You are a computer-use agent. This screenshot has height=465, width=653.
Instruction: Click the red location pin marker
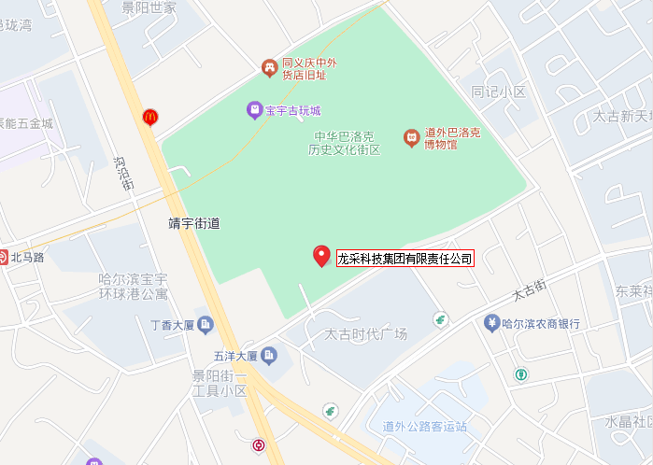coord(321,255)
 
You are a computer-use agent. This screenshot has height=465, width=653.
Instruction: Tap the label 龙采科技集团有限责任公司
coord(405,259)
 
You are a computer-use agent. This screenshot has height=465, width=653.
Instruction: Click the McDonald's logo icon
coord(149,117)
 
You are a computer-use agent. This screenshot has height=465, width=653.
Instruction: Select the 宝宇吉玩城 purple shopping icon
coord(254,110)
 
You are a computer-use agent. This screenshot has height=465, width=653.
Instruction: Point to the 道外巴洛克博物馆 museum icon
coord(410,138)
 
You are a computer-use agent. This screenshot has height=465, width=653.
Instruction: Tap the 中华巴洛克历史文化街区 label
coord(346,143)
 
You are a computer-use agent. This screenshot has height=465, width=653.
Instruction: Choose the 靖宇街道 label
coord(193,224)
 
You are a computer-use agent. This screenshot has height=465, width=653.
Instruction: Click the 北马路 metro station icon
coord(4,256)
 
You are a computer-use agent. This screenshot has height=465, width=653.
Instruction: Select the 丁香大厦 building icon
coord(206,324)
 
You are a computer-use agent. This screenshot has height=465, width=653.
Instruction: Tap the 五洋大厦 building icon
coord(268,355)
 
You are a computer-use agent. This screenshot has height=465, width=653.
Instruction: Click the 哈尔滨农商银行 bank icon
coord(490,324)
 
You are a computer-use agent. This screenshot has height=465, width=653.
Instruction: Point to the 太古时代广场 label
coord(365,334)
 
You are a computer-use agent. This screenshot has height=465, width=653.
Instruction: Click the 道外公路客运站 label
coord(424,427)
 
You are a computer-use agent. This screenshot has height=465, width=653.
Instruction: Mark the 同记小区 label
coord(499,92)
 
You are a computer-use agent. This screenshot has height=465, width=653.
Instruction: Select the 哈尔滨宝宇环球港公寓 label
coord(134,287)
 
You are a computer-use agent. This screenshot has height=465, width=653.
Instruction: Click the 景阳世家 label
coord(149,7)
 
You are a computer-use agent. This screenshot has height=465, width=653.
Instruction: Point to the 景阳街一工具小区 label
coord(219,384)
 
